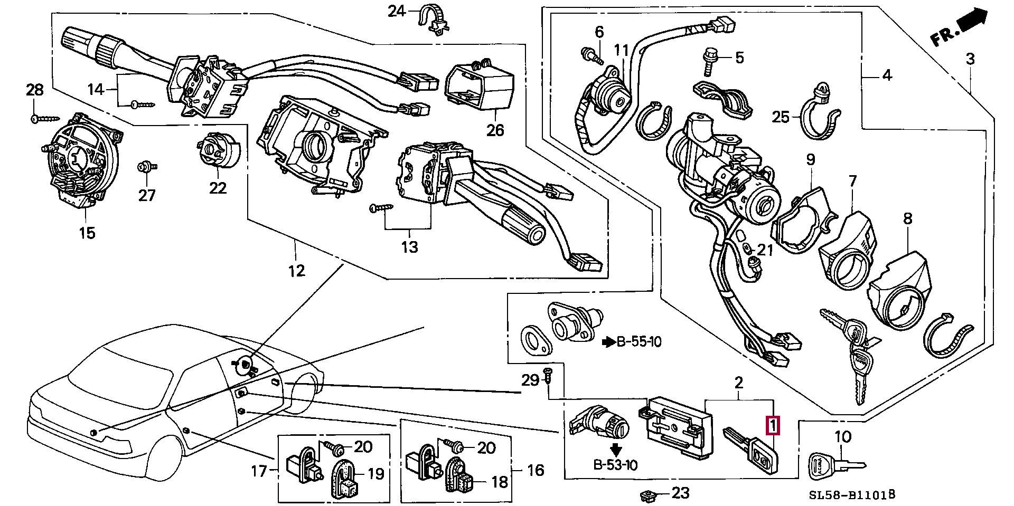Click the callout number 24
tap(397, 11)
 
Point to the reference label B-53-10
tap(615, 465)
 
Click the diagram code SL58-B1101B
tap(852, 495)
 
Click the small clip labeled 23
tap(647, 495)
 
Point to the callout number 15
tap(87, 233)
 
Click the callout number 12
tap(297, 271)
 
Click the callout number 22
tap(218, 188)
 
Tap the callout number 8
tap(907, 218)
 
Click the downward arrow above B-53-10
tap(616, 450)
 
